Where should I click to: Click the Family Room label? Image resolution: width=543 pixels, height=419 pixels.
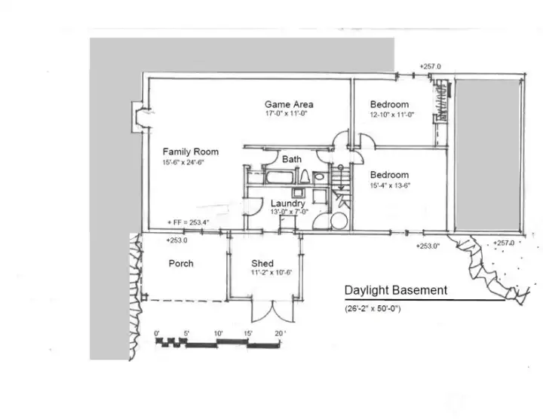[x=190, y=151]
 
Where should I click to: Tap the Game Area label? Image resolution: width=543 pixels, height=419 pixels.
[x=288, y=104]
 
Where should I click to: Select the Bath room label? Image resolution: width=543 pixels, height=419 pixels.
[x=292, y=160]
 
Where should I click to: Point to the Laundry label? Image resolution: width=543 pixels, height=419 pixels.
[x=288, y=203]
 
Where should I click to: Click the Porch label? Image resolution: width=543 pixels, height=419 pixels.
[x=180, y=264]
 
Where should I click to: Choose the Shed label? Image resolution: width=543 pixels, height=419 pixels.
[x=262, y=264]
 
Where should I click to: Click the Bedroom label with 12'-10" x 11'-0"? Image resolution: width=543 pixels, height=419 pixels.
[x=389, y=104]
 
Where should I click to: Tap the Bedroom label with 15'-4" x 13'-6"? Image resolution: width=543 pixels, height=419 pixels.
[x=389, y=175]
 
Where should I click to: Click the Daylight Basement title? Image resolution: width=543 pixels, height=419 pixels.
[x=395, y=290]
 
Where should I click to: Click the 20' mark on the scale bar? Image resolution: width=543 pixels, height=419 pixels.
[x=280, y=333]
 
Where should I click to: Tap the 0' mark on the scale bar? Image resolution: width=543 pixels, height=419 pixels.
[x=157, y=333]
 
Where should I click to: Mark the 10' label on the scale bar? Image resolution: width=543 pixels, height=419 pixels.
[x=218, y=333]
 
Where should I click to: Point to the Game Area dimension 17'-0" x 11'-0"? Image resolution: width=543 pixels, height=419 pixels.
[x=288, y=113]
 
